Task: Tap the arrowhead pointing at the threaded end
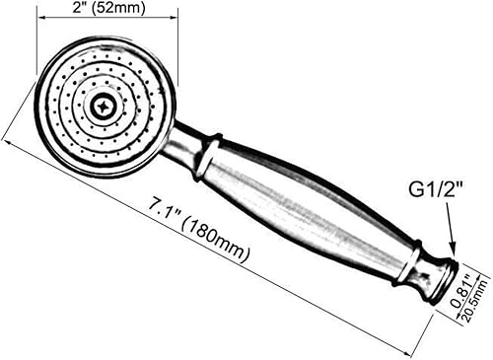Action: (x=453, y=252)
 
